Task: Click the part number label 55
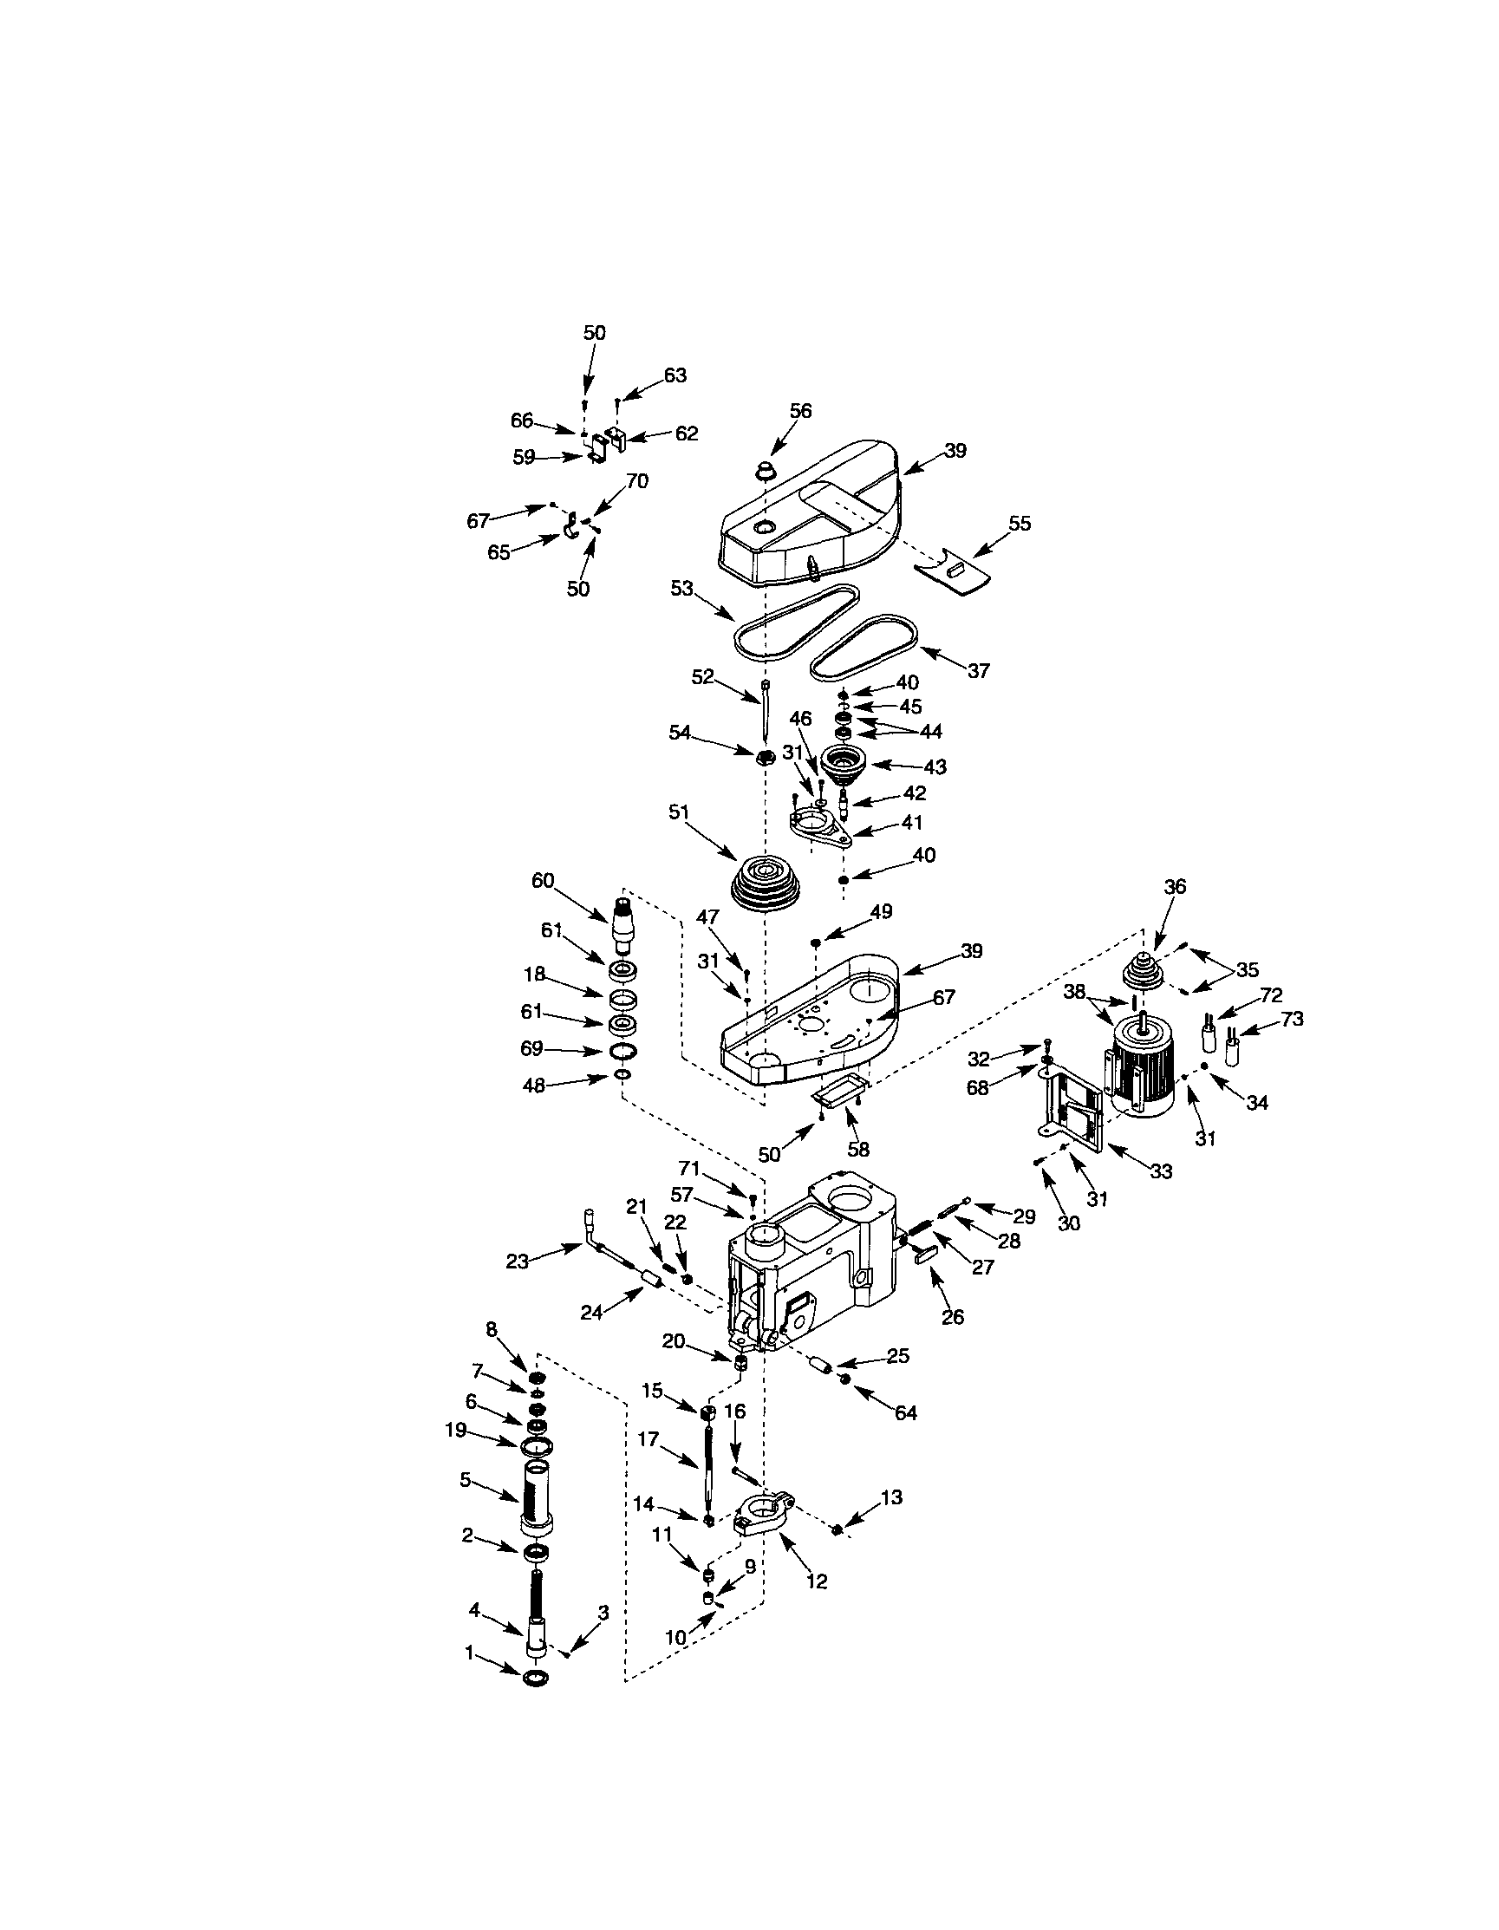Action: point(1019,523)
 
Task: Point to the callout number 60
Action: point(543,880)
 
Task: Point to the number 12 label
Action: point(817,1581)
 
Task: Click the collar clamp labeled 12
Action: point(766,1516)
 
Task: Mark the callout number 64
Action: point(906,1413)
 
